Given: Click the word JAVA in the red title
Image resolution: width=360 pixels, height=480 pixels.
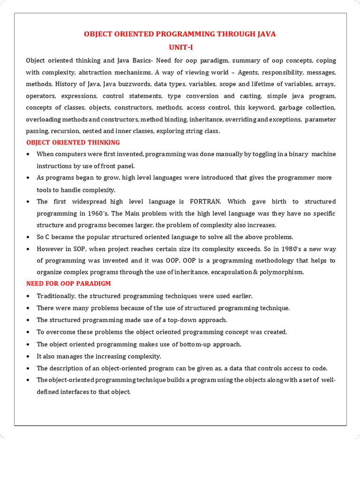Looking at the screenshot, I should tap(264, 34).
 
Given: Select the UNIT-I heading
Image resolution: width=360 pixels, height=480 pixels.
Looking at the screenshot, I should tap(180, 47).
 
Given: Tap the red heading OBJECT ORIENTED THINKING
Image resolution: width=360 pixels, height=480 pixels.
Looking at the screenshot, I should tap(73, 142).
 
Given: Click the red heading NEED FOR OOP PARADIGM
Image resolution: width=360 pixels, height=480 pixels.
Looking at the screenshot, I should tap(68, 284).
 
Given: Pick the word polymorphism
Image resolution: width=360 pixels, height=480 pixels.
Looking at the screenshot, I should tap(283, 272).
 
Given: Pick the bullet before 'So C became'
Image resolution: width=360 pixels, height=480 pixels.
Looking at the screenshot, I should tap(29, 237).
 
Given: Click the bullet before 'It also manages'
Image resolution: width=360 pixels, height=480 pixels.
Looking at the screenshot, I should tap(29, 356).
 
